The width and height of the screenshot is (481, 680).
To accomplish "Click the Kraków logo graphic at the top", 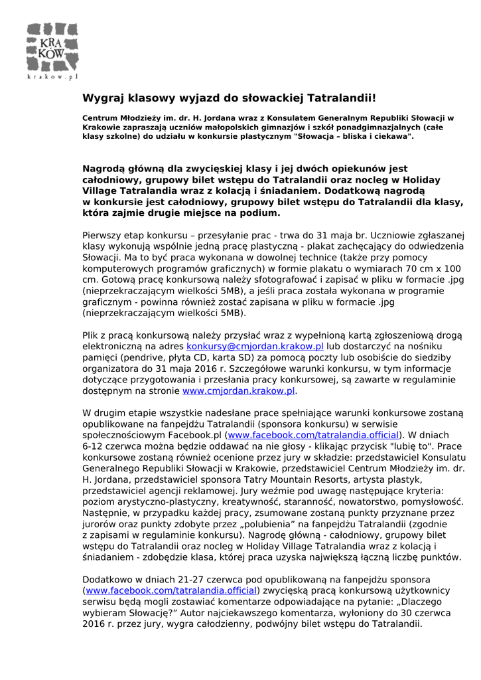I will (52, 47).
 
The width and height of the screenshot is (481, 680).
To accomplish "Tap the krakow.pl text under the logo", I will (52, 76).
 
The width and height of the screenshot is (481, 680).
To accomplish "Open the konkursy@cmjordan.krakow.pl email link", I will (255, 346).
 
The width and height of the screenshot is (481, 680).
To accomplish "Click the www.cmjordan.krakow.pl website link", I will (238, 391).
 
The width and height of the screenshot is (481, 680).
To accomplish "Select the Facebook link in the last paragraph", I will (171, 590).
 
